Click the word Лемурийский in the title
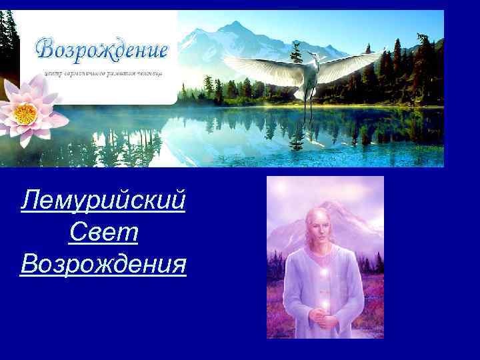(x=103, y=199)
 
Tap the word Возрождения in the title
(x=103, y=265)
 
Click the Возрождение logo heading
(x=102, y=49)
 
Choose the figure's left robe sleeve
(x=293, y=287)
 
